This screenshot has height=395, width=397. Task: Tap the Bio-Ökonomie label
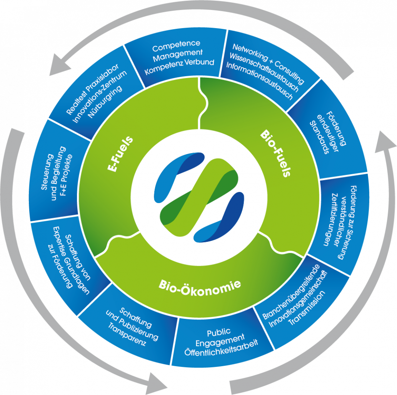(x=200, y=285)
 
